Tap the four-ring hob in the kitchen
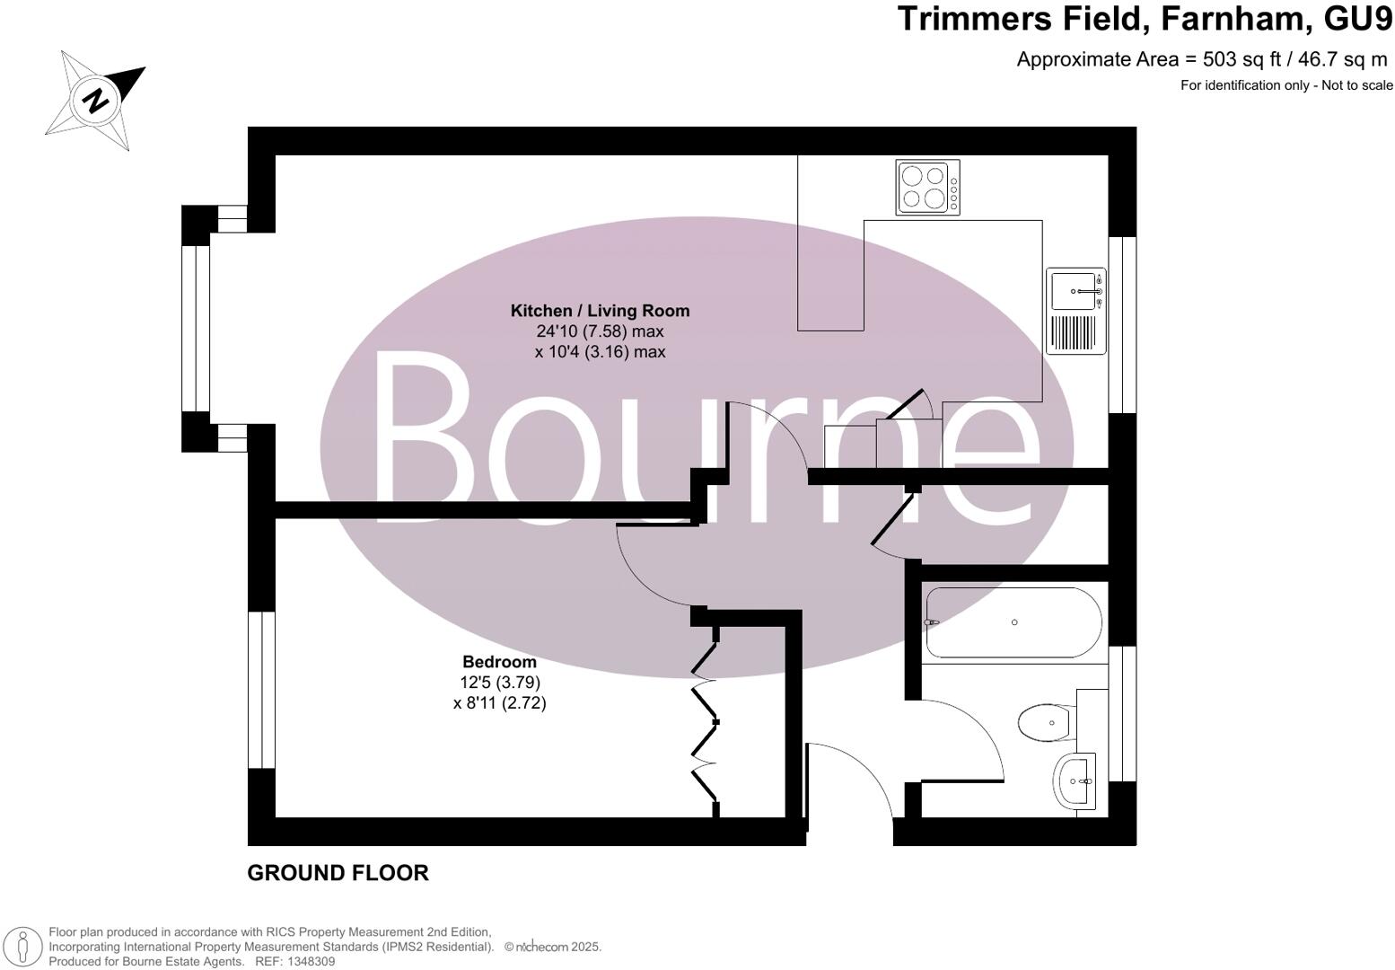click(x=927, y=187)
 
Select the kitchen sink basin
click(x=1073, y=291)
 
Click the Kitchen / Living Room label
click(x=600, y=311)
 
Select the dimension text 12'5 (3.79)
click(x=500, y=683)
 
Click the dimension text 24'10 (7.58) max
click(x=600, y=331)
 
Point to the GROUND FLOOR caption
click(x=338, y=873)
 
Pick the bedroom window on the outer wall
click(x=261, y=690)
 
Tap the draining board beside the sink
click(x=1074, y=332)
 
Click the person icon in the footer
click(x=24, y=947)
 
